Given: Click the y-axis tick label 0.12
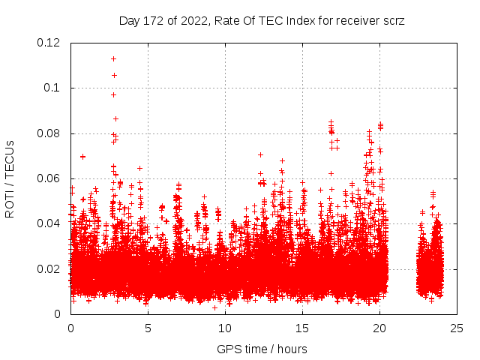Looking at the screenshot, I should [50, 43].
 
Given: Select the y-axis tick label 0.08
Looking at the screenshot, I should [50, 133].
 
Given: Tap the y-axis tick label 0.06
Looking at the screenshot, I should [50, 178].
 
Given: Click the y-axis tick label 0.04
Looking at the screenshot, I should [50, 223].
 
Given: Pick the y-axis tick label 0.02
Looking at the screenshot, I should [50, 268].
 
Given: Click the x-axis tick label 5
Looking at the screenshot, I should [148, 328].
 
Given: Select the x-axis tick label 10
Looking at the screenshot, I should [225, 328].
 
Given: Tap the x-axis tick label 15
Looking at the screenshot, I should [302, 328].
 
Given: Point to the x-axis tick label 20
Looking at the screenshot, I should [379, 328].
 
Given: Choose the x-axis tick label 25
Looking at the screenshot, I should [457, 328].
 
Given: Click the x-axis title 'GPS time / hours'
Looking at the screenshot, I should [262, 349].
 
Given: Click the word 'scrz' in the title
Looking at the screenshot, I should [394, 21].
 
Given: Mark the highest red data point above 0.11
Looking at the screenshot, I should [113, 58].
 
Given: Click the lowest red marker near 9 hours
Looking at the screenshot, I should [214, 307].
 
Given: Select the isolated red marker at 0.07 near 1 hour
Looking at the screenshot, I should [82, 157].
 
